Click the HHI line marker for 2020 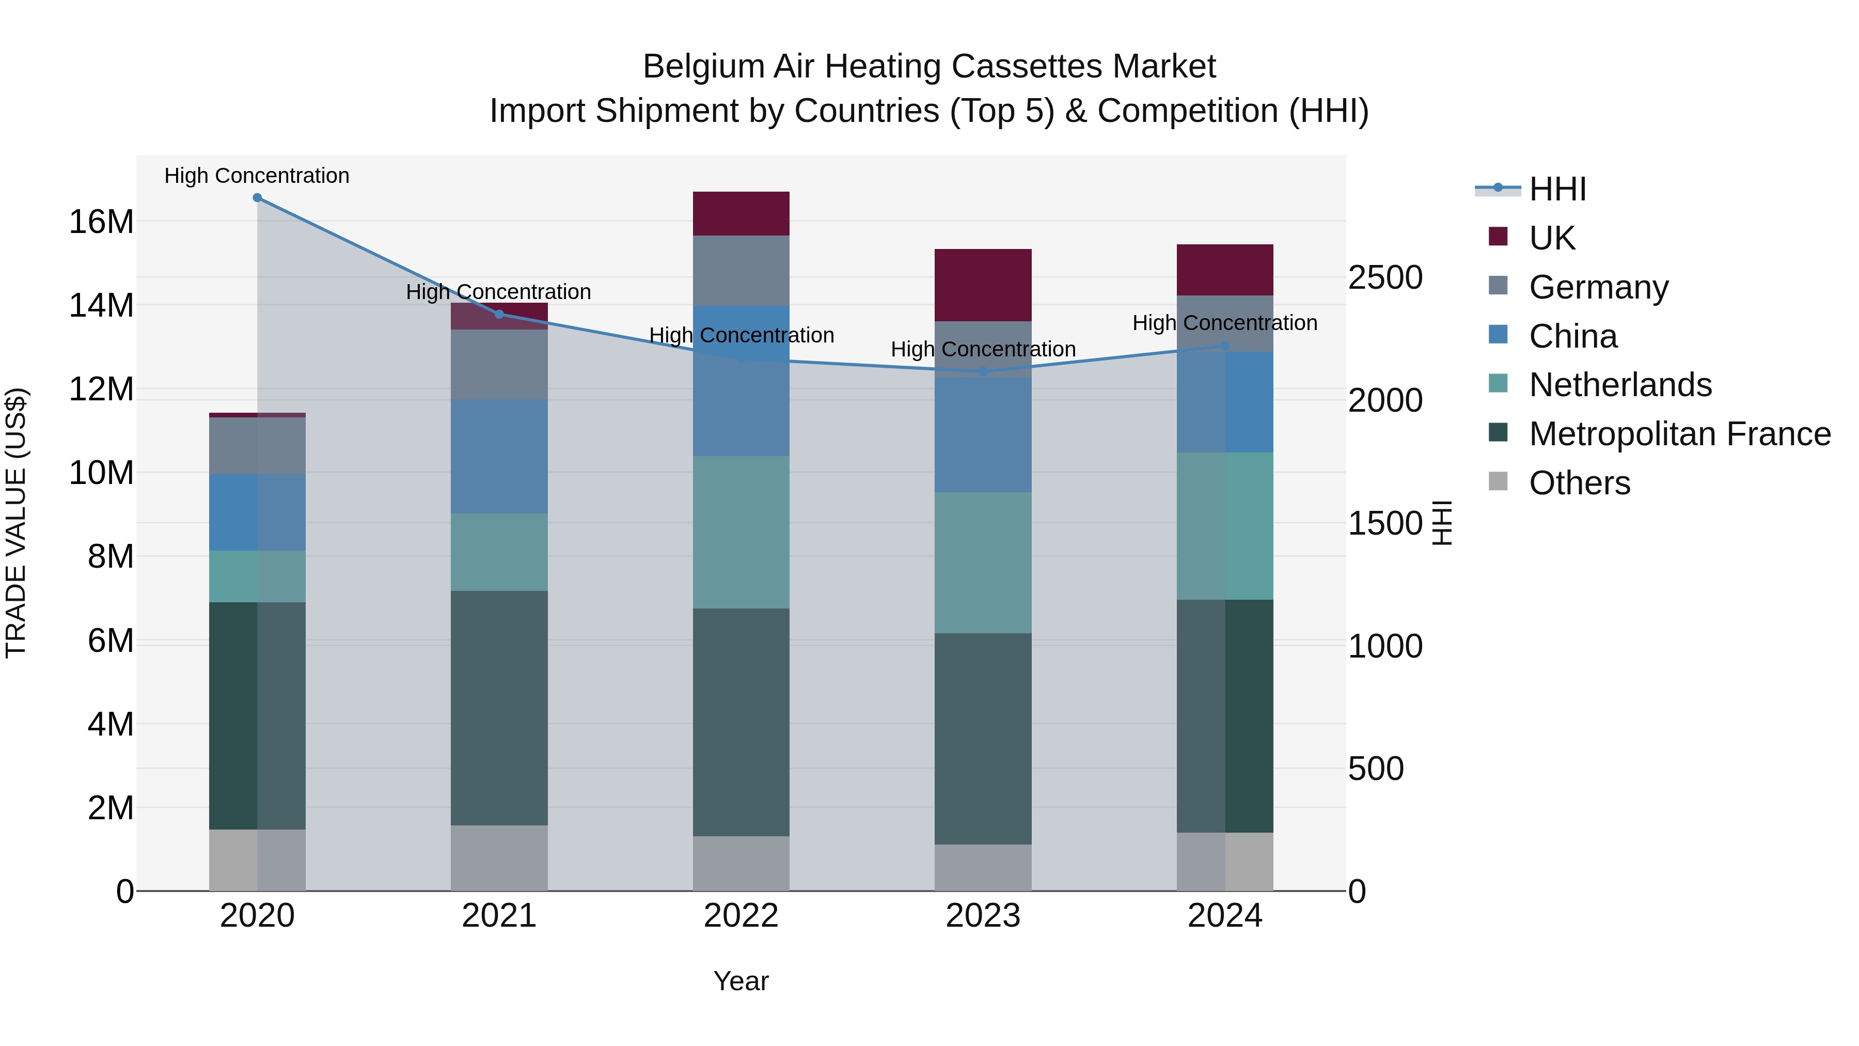(x=257, y=198)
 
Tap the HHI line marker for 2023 (x=983, y=372)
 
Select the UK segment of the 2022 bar (x=741, y=214)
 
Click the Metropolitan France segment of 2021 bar (x=499, y=708)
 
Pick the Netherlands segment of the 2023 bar (x=983, y=563)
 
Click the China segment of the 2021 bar (x=499, y=456)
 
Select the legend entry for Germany (x=1598, y=287)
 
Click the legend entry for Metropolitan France (x=1679, y=434)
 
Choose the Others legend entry (x=1579, y=483)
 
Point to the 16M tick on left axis (x=101, y=222)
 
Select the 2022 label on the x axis (x=741, y=916)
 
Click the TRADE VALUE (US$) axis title (x=16, y=523)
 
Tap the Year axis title (x=741, y=981)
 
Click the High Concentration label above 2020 (x=257, y=176)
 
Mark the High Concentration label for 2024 (x=1225, y=323)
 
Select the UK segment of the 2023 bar (x=983, y=285)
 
